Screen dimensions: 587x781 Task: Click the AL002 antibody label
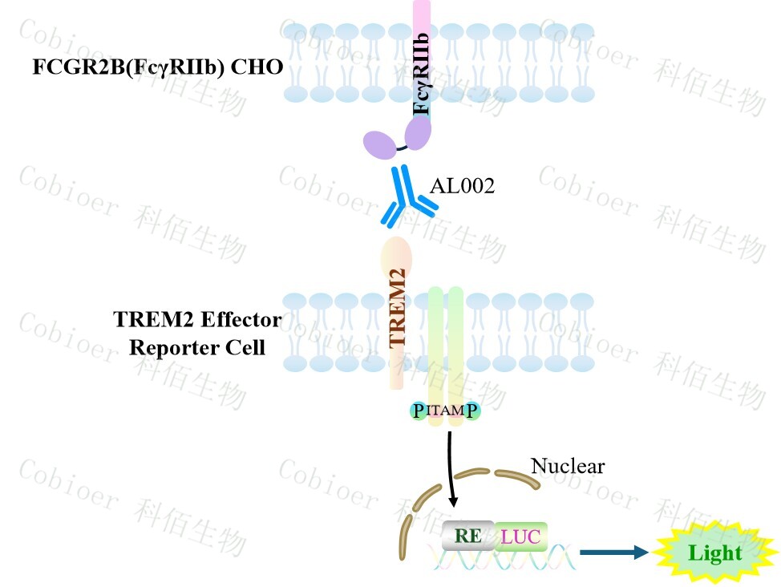(x=463, y=187)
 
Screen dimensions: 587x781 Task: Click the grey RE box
(x=468, y=536)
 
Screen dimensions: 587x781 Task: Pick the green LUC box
(x=520, y=536)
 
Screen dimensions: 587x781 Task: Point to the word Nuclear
(x=568, y=465)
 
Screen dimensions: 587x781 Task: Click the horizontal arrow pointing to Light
(x=613, y=552)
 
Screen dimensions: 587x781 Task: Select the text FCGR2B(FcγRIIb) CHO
(x=157, y=67)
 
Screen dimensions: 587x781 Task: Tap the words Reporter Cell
(x=197, y=348)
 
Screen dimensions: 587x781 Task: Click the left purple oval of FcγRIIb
(x=380, y=144)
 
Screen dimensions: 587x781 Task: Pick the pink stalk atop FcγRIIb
(x=422, y=16)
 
